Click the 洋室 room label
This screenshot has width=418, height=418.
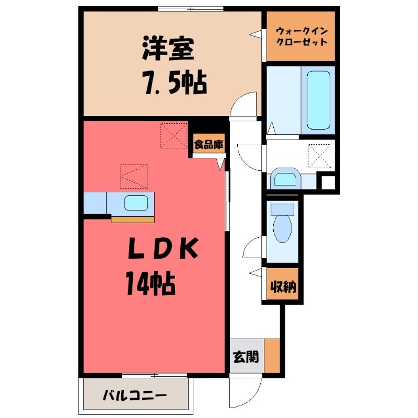pyautogui.click(x=168, y=49)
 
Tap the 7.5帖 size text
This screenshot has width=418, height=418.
pyautogui.click(x=176, y=83)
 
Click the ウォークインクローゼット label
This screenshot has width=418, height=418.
pyautogui.click(x=301, y=37)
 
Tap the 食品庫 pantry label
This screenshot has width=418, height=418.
pyautogui.click(x=208, y=145)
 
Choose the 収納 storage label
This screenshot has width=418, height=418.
pyautogui.click(x=283, y=287)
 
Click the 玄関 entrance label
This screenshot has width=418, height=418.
pyautogui.click(x=246, y=357)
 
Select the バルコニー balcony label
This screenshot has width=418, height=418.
pyautogui.click(x=135, y=395)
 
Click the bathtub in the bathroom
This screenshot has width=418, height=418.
pyautogui.click(x=318, y=100)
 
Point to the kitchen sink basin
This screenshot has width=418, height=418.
pyautogui.click(x=136, y=203)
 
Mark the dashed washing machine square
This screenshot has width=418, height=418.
pyautogui.click(x=320, y=156)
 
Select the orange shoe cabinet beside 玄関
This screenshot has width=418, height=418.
pyautogui.click(x=272, y=356)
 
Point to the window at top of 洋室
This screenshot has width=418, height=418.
pyautogui.click(x=191, y=9)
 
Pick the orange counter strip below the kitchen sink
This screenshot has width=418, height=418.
pyautogui.click(x=133, y=219)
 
